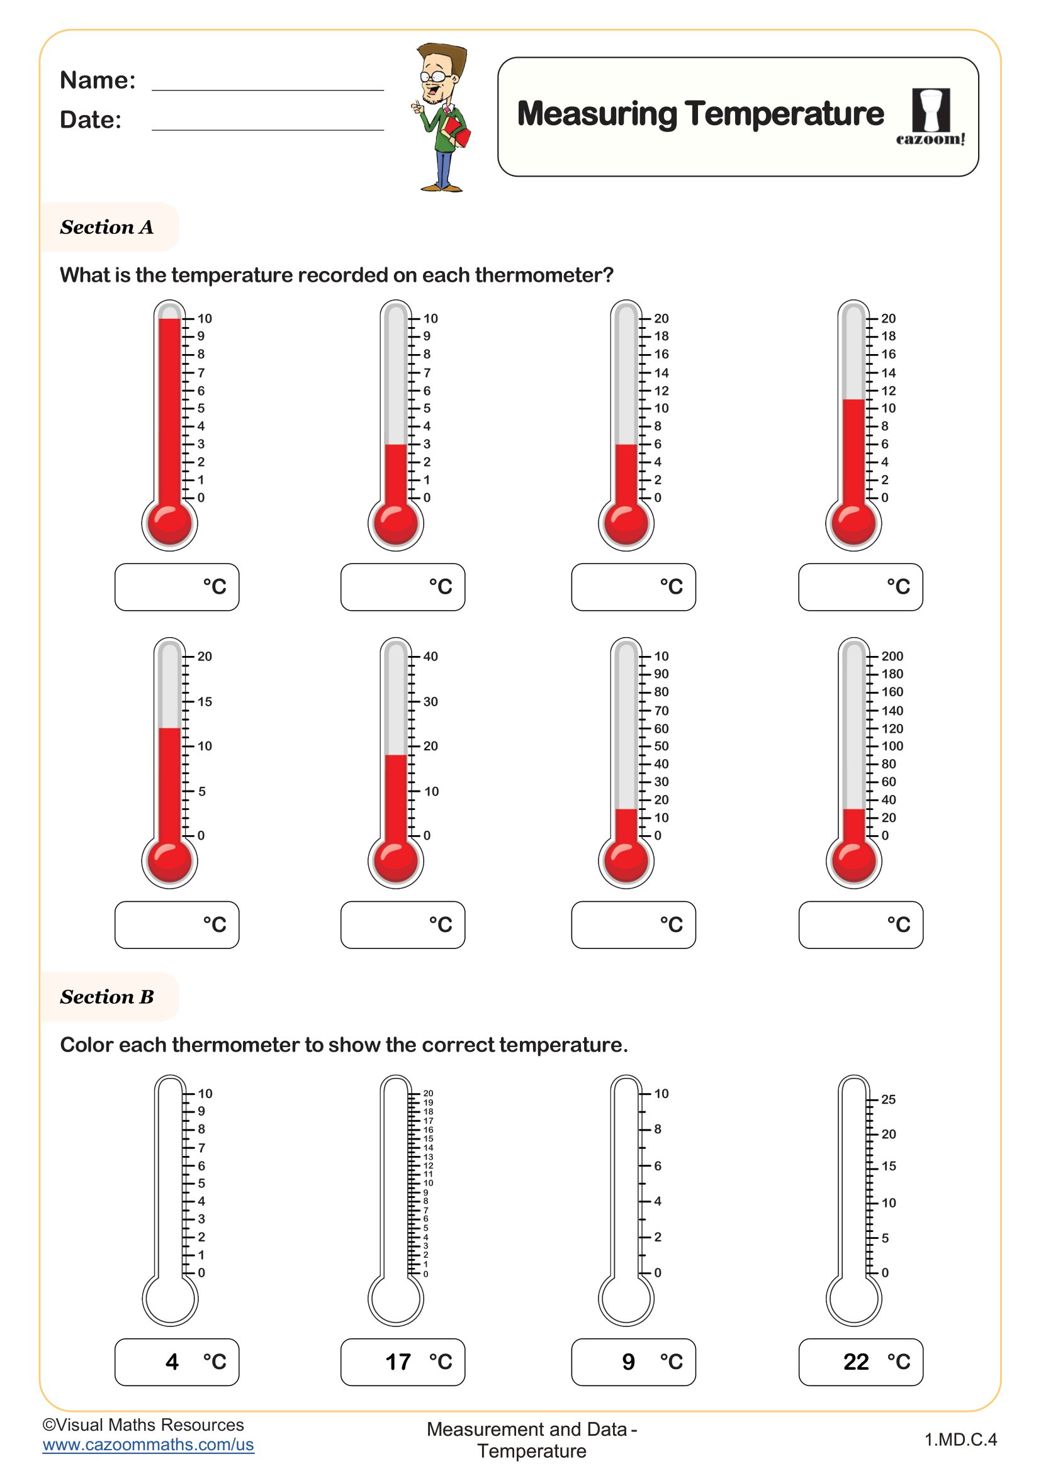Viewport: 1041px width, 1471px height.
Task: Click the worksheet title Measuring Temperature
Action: tap(700, 114)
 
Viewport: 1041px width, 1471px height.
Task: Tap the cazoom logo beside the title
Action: tap(930, 117)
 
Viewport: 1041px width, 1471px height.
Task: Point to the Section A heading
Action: tap(106, 228)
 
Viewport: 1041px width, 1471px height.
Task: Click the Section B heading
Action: tap(106, 997)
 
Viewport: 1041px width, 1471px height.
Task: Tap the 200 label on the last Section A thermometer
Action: tap(892, 656)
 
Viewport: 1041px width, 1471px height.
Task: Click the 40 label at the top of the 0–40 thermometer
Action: tap(430, 656)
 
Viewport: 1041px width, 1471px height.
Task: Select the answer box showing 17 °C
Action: tap(403, 1362)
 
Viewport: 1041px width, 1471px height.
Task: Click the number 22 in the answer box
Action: tap(856, 1362)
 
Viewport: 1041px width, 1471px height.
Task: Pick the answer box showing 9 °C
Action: tap(633, 1362)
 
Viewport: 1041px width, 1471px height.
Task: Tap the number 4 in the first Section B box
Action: tap(172, 1362)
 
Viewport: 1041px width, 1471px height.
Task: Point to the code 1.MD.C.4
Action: tap(960, 1440)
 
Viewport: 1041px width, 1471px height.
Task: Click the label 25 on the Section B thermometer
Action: tap(888, 1099)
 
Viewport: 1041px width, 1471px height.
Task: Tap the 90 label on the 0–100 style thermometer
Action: tap(661, 674)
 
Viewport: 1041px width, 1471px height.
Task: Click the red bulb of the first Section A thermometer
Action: tap(169, 522)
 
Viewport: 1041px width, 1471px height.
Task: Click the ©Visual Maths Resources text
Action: tap(143, 1424)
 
